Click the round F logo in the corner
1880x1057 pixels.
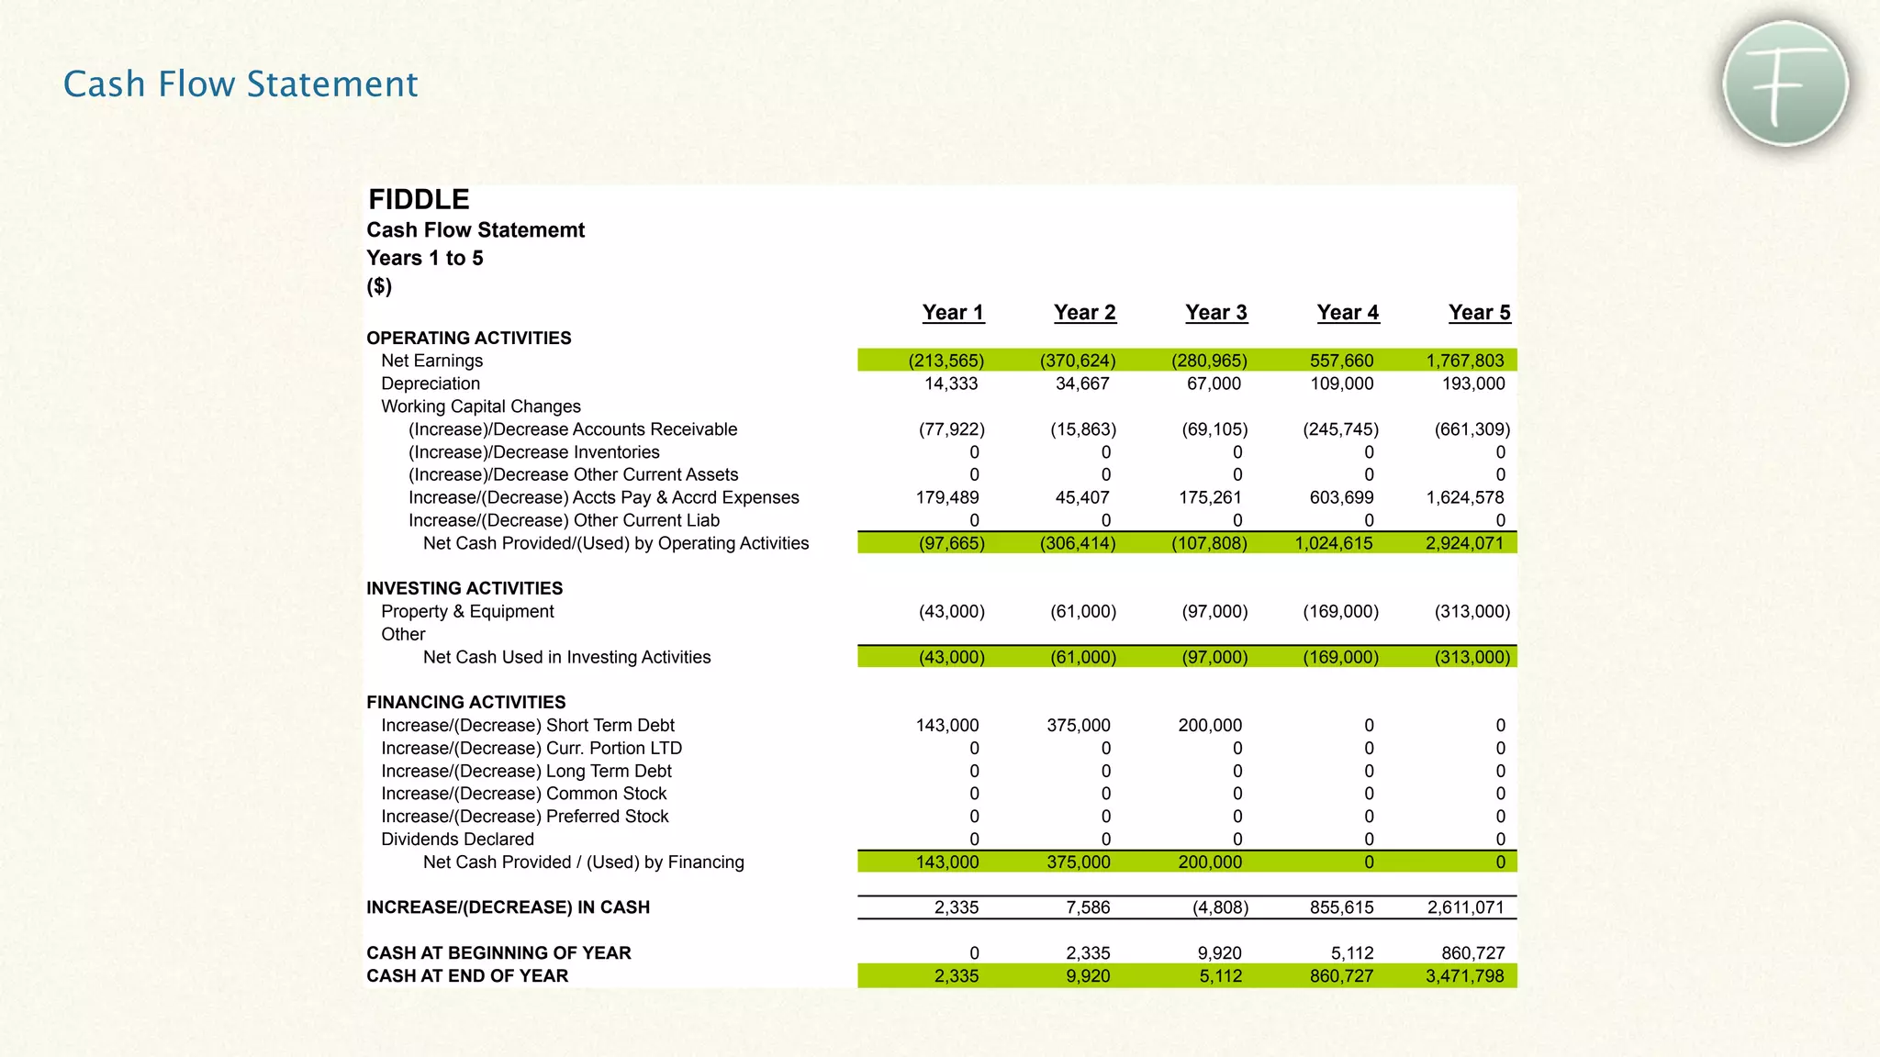pos(1785,83)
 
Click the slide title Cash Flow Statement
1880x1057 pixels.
pos(241,83)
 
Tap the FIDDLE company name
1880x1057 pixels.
pos(419,199)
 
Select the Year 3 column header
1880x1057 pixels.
pos(1215,313)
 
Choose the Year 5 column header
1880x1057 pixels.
pos(1479,313)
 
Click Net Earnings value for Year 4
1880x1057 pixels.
pos(1341,361)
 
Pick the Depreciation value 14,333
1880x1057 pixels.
pos(951,384)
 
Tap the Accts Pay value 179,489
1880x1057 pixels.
pos(947,497)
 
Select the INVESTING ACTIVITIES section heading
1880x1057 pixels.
pos(464,588)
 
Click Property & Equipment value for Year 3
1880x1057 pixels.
pos(1214,611)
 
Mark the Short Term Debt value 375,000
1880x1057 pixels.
pos(1079,725)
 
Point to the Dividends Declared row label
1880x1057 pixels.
pos(457,839)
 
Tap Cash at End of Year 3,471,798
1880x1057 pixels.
pos(1464,975)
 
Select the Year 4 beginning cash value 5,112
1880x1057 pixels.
pos(1352,953)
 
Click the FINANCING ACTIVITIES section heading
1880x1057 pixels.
pos(465,702)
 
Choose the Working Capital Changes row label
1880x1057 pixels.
pos(481,406)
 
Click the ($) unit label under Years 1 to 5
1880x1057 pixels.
pos(379,286)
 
